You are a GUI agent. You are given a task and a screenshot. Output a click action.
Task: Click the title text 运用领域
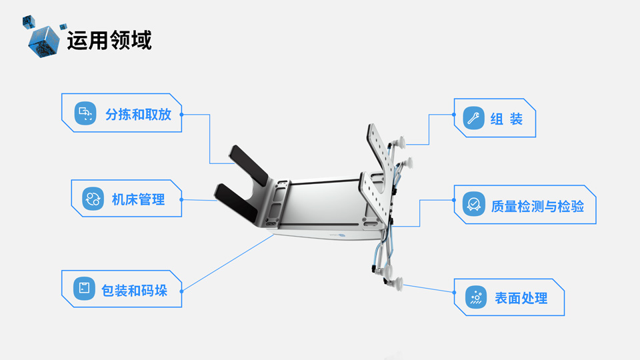pos(109,40)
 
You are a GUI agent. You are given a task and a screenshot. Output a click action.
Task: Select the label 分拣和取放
pos(138,114)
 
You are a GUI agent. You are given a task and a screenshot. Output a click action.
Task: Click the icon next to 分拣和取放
pos(85,114)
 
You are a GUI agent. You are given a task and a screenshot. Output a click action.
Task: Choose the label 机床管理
pos(138,199)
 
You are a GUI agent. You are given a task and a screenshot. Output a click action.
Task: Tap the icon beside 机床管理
pos(93,199)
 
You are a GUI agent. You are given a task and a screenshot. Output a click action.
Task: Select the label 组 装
pos(506,119)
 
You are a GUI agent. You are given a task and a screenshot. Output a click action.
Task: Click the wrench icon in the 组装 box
pos(473,119)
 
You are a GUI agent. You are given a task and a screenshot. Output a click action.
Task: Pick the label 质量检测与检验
pos(537,205)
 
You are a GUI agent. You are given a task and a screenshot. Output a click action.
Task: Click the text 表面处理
pos(521,298)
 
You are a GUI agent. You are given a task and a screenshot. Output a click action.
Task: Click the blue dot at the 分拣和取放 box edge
pos(182,115)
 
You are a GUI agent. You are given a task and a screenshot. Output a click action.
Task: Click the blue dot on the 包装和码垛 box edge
pos(182,290)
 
